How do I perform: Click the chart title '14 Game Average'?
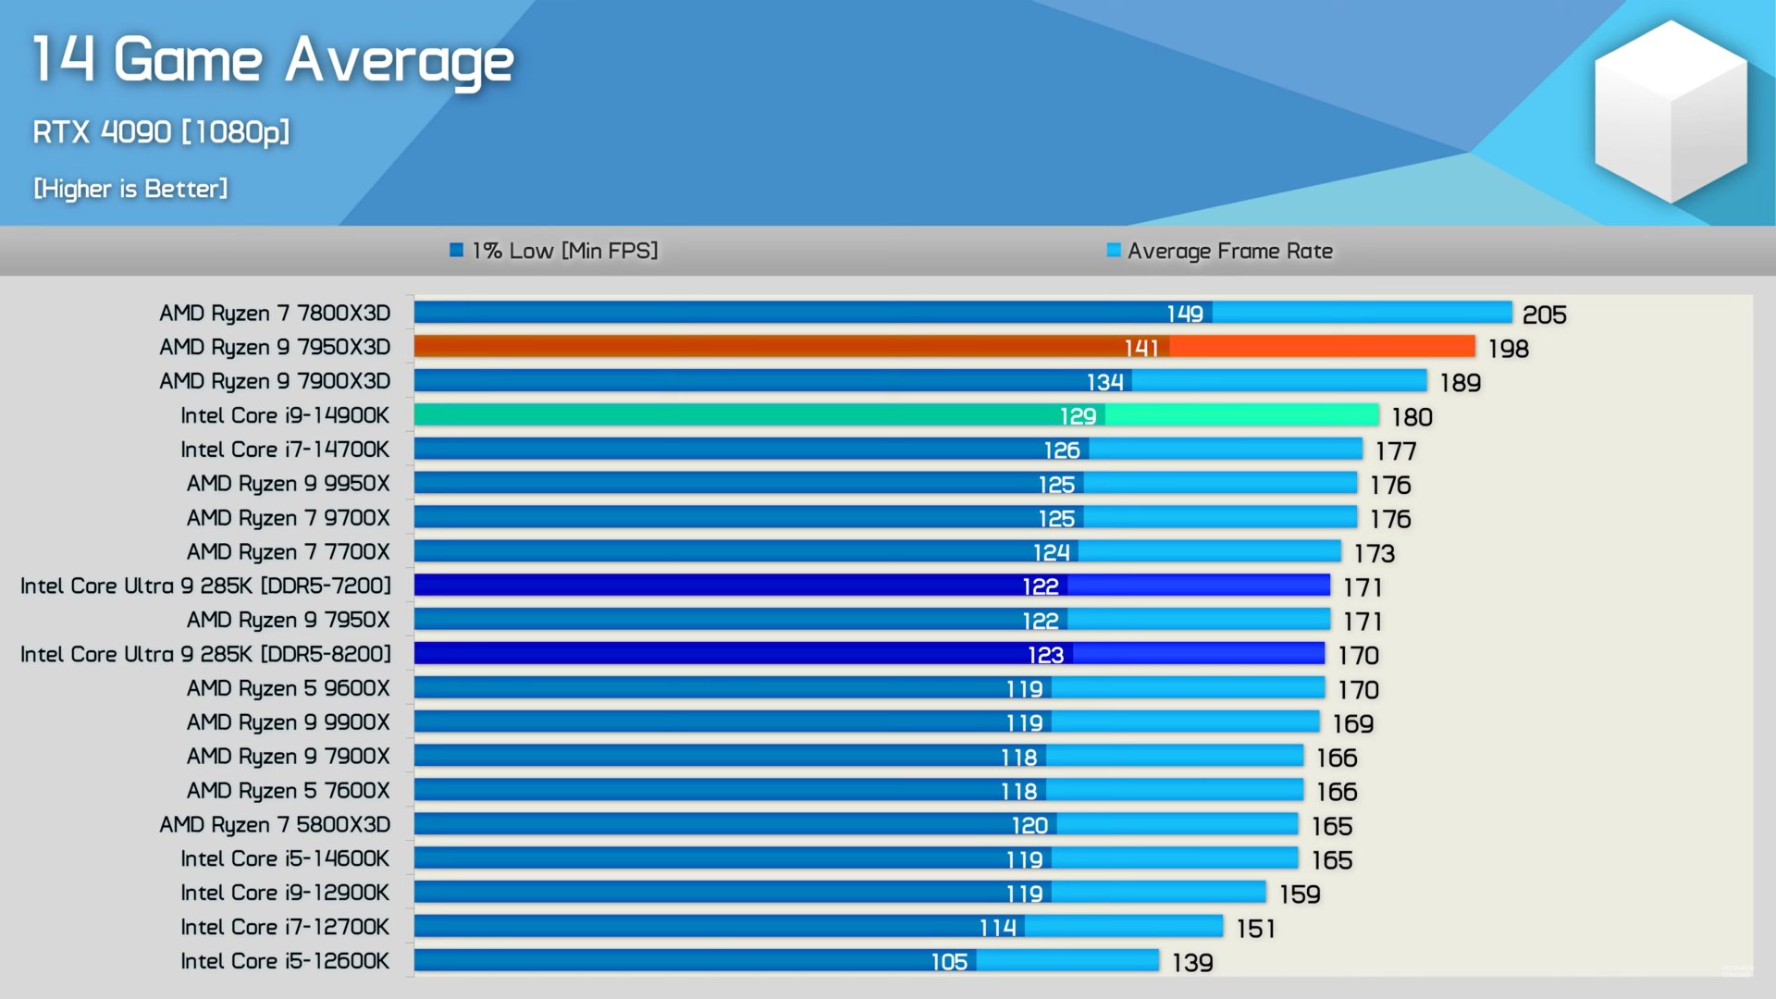(273, 61)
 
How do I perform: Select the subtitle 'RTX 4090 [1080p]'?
(161, 132)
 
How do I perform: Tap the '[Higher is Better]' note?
(130, 189)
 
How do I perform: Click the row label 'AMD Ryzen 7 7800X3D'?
(275, 314)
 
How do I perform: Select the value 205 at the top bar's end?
(1544, 315)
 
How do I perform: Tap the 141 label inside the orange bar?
(1141, 348)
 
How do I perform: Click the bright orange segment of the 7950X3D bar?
(1323, 347)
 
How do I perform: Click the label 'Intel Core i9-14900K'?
(285, 415)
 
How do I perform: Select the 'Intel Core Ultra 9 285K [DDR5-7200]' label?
(205, 586)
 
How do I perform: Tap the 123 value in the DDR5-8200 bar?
(1045, 655)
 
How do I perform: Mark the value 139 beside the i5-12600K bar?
(1192, 963)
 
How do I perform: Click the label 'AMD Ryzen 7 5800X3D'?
(275, 824)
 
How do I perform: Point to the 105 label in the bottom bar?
(949, 962)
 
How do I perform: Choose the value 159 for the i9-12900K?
(1300, 894)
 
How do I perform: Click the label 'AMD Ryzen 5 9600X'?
(288, 688)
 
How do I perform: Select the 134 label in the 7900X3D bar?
(1104, 382)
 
